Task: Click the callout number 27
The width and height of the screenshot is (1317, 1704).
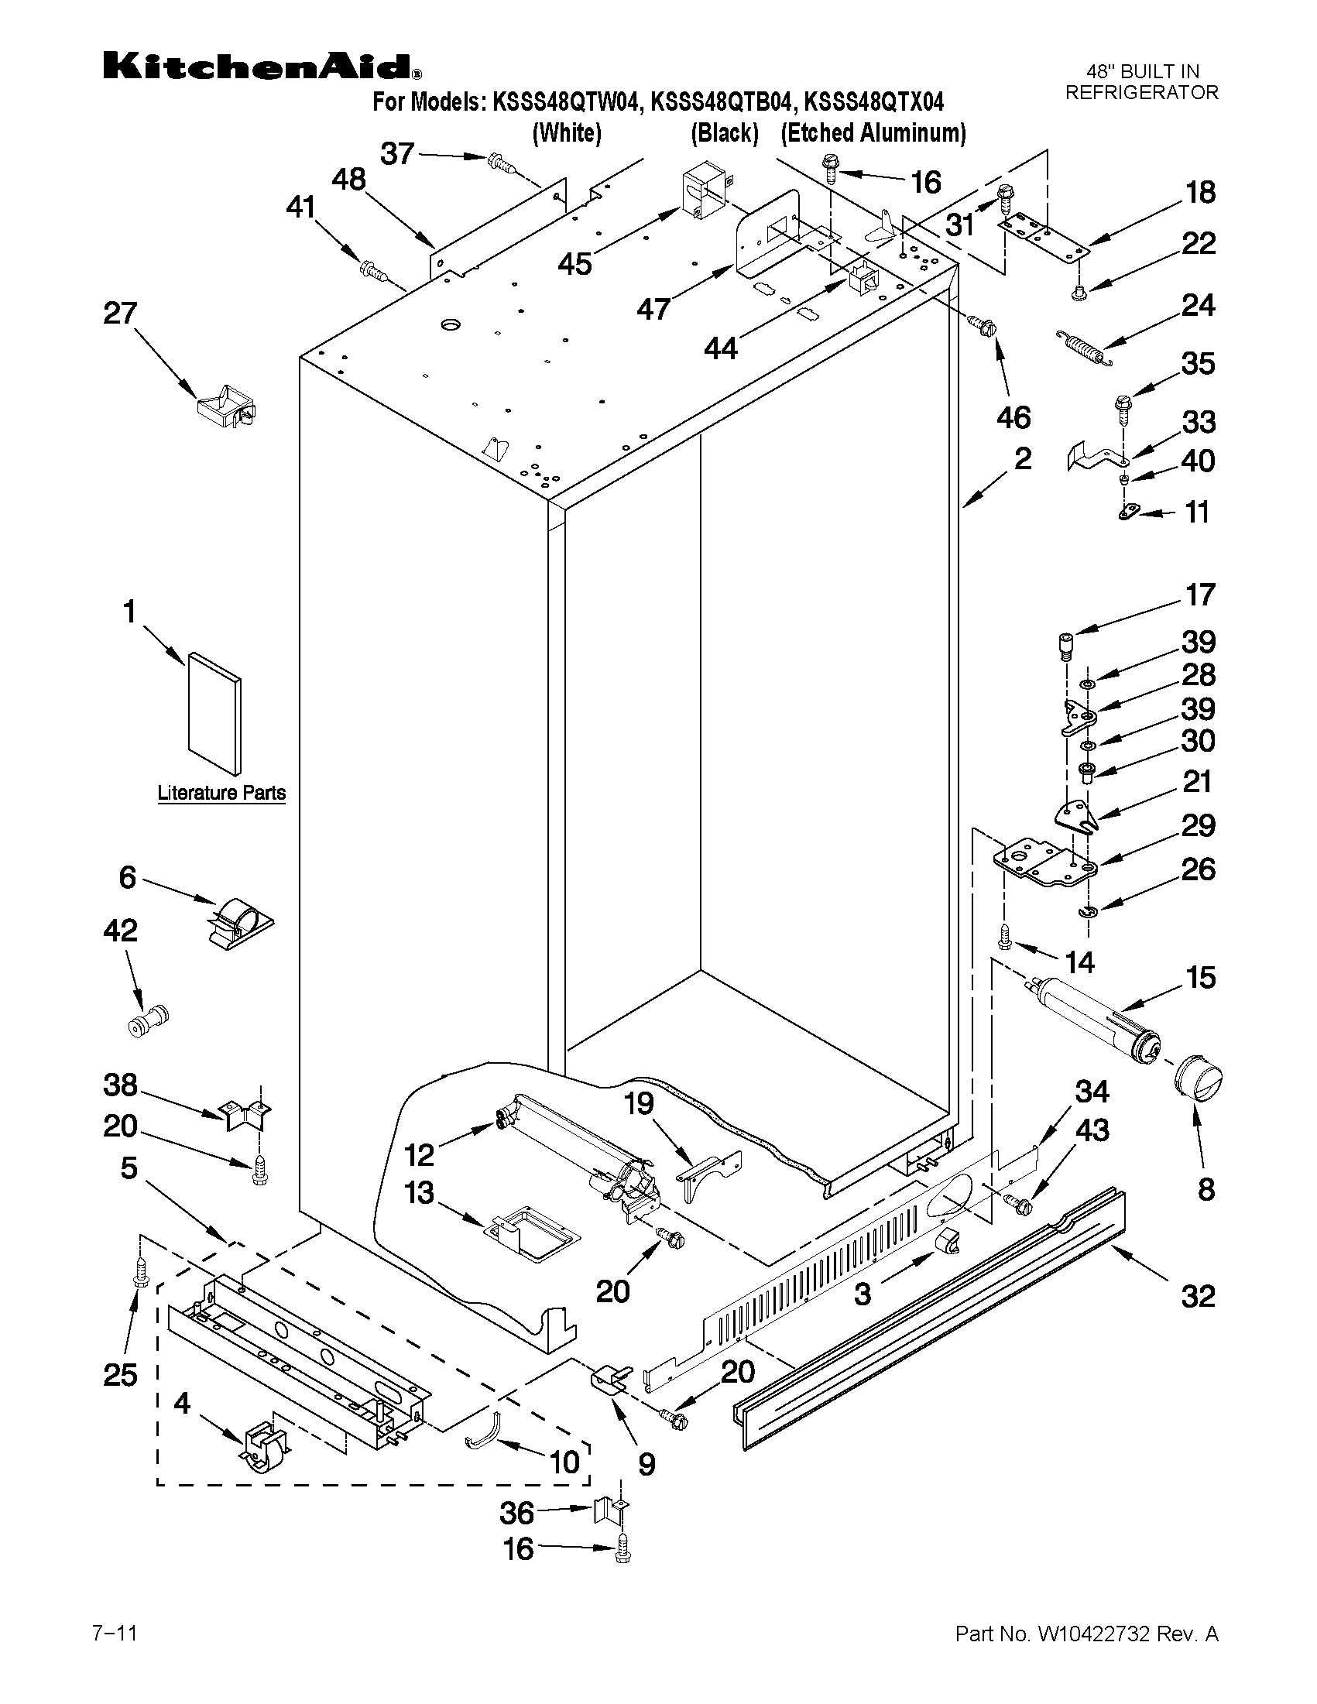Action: [120, 314]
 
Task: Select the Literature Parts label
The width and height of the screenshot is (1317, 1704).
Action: [221, 793]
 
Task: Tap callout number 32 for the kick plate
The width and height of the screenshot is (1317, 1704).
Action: [1198, 1296]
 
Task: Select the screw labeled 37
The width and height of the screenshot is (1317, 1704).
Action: [496, 163]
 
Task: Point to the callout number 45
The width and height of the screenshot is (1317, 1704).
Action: [574, 264]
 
